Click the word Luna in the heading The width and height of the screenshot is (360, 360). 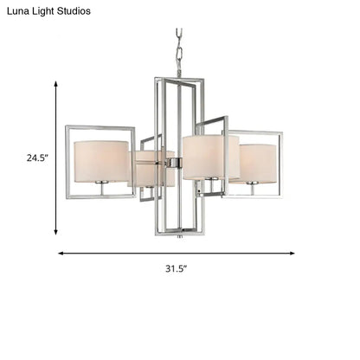point(20,11)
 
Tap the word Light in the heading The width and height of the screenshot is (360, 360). point(49,11)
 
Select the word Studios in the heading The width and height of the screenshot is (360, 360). point(87,11)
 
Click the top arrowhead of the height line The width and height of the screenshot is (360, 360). point(57,84)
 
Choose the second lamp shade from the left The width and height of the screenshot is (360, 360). point(152,168)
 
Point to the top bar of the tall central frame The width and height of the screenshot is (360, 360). point(180,80)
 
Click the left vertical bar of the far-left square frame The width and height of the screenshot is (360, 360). point(67,162)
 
